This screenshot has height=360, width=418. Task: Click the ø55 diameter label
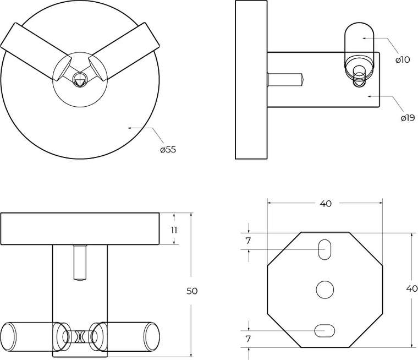[x=168, y=149]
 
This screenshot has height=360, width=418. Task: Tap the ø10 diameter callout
[x=403, y=59]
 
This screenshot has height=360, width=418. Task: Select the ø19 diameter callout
[x=408, y=118]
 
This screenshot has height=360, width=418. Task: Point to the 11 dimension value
[x=174, y=230]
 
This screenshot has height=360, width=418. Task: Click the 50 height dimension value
[x=192, y=291]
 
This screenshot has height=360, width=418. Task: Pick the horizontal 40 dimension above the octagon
[x=326, y=204]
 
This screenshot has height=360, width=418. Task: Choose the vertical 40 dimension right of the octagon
[x=412, y=288]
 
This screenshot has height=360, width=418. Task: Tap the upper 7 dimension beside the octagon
[x=249, y=241]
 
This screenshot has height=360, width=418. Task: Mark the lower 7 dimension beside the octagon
[x=249, y=339]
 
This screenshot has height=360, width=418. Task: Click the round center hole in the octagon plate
[x=325, y=290]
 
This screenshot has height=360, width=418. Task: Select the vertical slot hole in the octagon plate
[x=324, y=249]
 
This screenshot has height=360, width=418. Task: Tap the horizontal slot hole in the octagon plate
[x=324, y=331]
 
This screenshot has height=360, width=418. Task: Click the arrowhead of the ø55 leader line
[x=130, y=128]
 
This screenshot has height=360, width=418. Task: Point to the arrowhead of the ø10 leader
[x=365, y=38]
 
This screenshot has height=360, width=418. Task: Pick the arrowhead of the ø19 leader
[x=370, y=96]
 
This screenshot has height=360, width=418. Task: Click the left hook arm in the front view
[x=36, y=51]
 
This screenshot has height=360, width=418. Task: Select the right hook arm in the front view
[x=124, y=51]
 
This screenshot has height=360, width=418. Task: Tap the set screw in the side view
[x=287, y=79]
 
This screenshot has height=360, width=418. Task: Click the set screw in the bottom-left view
[x=80, y=263]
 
